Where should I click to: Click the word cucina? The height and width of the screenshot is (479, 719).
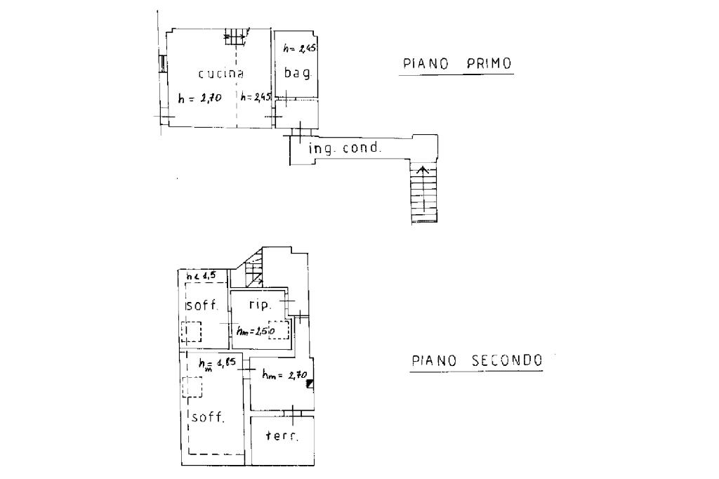(220, 74)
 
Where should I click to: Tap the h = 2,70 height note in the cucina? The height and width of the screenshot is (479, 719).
(200, 99)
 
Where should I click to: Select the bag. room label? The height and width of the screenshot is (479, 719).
(297, 72)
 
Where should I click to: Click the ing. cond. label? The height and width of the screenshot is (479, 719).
(345, 148)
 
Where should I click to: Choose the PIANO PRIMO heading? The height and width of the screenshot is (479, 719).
(457, 64)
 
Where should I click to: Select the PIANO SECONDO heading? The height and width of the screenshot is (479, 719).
(477, 361)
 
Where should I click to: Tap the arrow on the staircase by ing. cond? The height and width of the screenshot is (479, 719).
(421, 170)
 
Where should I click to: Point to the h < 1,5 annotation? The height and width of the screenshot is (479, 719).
(201, 276)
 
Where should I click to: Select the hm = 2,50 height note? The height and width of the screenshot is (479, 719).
(254, 330)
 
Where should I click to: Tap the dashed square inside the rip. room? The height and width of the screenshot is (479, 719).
(279, 329)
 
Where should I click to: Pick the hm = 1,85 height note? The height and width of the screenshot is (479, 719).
(218, 364)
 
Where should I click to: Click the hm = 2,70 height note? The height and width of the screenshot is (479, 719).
(284, 375)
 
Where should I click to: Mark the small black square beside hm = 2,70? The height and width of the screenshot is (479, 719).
(310, 383)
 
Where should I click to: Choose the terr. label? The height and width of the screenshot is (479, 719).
(282, 436)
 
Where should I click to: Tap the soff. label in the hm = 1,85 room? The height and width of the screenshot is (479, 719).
(208, 417)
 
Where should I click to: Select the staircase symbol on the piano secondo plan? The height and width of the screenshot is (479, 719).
(254, 268)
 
